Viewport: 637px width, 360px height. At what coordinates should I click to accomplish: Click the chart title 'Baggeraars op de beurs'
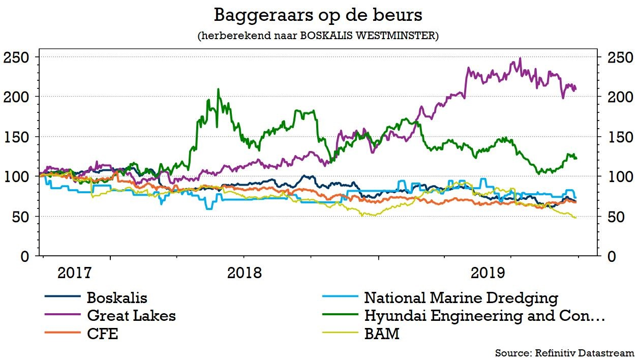pyautogui.click(x=318, y=15)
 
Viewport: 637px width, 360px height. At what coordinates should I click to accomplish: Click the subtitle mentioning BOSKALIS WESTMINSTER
pyautogui.click(x=318, y=36)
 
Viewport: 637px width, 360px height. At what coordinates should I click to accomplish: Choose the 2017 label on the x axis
pyautogui.click(x=75, y=273)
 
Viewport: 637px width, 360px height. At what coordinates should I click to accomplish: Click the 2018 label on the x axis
pyautogui.click(x=244, y=273)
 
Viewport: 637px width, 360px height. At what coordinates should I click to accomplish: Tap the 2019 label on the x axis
pyautogui.click(x=488, y=273)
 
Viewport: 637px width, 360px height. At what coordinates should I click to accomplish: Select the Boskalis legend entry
pyautogui.click(x=117, y=297)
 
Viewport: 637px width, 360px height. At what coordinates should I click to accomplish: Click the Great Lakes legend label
pyautogui.click(x=131, y=316)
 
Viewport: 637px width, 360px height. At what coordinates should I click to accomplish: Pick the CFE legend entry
pyautogui.click(x=102, y=334)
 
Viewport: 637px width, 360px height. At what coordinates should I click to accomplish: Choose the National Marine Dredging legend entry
pyautogui.click(x=461, y=297)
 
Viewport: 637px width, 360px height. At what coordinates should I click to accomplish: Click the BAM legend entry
pyautogui.click(x=381, y=334)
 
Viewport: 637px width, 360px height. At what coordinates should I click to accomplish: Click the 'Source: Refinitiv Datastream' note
pyautogui.click(x=564, y=353)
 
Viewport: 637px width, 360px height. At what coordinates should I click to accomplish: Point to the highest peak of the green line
pyautogui.click(x=219, y=89)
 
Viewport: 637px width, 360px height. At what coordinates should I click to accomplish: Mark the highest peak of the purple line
pyautogui.click(x=520, y=58)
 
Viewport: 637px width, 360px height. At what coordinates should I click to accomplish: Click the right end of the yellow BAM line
pyautogui.click(x=575, y=218)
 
